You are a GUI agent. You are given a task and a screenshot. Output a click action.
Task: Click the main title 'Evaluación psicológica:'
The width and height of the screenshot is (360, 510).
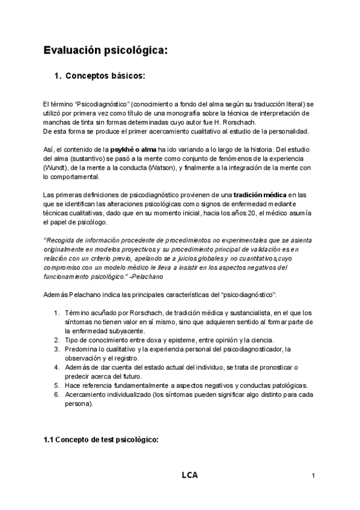[105, 51]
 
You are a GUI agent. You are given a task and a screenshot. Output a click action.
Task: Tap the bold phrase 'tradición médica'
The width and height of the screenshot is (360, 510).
[260, 195]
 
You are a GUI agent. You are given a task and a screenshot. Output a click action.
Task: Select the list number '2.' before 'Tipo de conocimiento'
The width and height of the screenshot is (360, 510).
[57, 340]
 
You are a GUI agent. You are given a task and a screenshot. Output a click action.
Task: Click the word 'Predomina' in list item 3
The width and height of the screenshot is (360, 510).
[82, 349]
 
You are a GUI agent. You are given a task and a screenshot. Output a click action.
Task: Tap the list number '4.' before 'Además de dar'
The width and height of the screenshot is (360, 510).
[57, 367]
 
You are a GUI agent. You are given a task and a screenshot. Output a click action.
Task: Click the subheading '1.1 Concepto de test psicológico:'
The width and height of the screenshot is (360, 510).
[101, 440]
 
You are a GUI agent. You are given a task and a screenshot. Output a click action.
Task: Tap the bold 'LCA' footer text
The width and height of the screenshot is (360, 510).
[189, 476]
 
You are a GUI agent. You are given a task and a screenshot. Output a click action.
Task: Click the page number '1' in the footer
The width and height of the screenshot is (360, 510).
[314, 477]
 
